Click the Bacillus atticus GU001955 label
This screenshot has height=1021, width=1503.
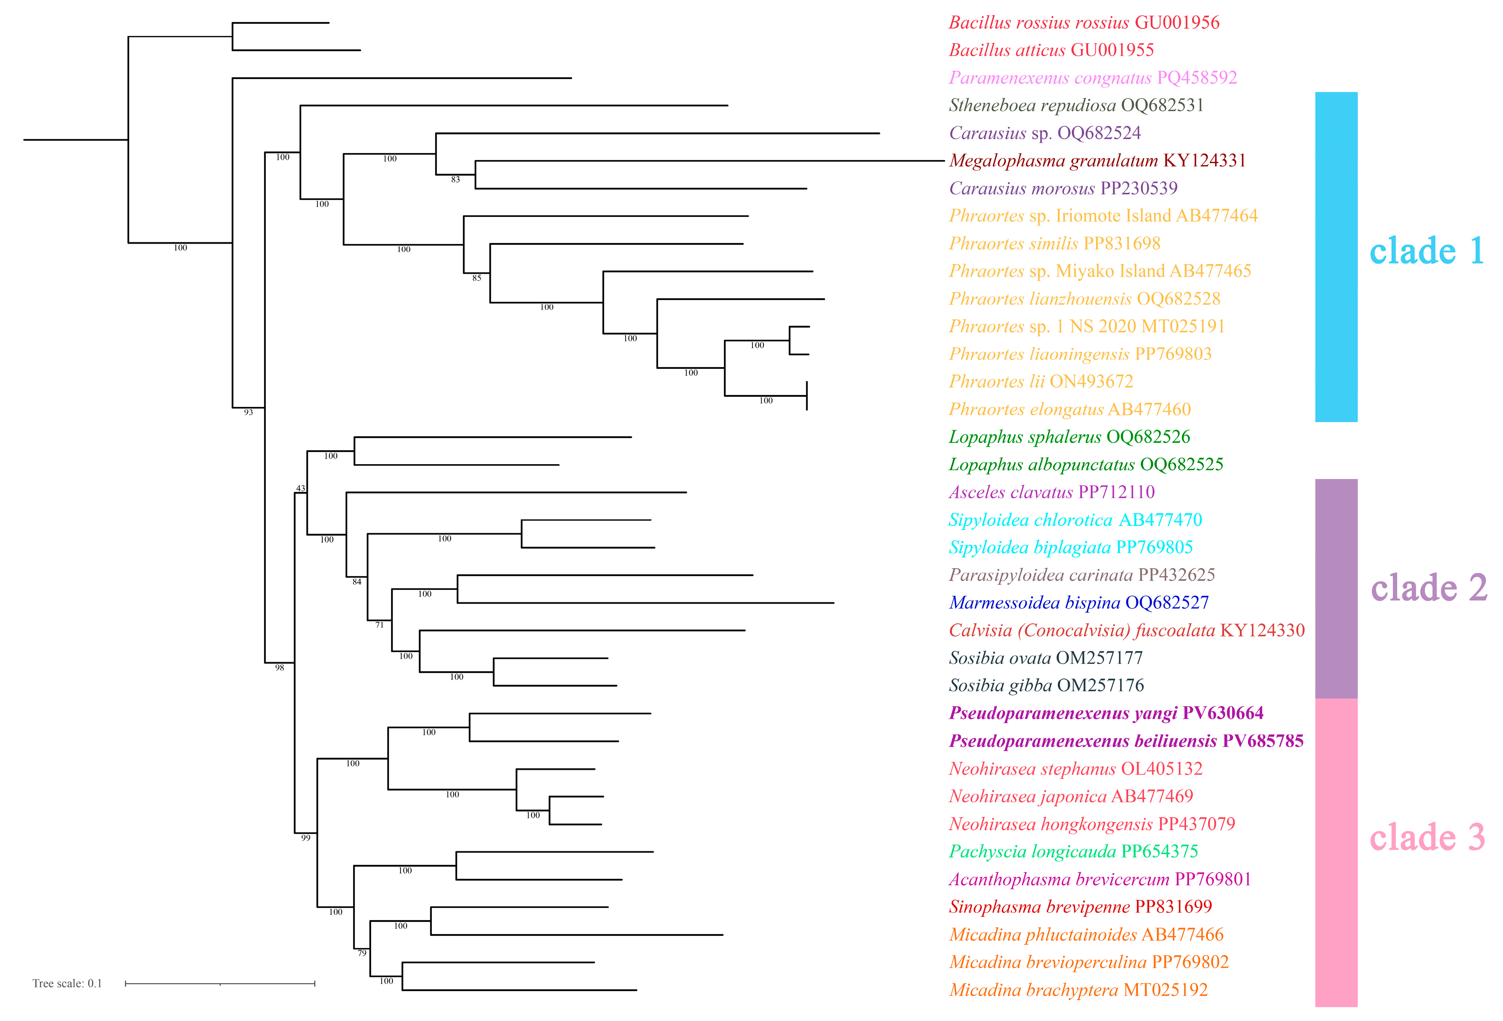click(x=1051, y=50)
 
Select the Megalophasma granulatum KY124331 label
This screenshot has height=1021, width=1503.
click(x=1097, y=160)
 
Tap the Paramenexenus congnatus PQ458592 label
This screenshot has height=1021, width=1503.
click(x=1092, y=78)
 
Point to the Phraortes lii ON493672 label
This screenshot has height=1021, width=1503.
click(x=1040, y=382)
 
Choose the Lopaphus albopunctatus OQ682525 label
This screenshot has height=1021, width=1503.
click(x=1086, y=465)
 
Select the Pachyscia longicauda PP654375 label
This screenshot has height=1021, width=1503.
click(x=1073, y=852)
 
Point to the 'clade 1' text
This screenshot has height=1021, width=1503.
click(x=1427, y=251)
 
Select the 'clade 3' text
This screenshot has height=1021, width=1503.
click(x=1427, y=837)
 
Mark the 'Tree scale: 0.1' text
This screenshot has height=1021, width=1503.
click(x=67, y=984)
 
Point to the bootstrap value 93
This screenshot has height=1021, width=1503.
click(x=248, y=412)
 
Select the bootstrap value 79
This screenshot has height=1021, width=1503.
click(x=362, y=953)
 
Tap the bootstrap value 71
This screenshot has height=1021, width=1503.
click(x=380, y=625)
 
